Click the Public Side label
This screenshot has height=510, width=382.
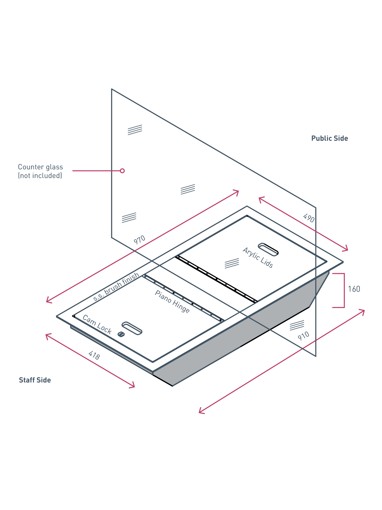[x=330, y=138]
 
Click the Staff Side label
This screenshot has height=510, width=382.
[x=35, y=380]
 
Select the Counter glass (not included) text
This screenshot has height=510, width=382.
[x=40, y=171]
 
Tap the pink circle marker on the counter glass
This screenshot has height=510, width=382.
[x=122, y=171]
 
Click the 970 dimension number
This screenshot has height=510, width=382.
[x=140, y=240]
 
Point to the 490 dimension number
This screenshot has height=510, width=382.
[x=309, y=218]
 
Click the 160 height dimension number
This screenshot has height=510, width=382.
[x=354, y=289]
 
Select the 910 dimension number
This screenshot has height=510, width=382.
[x=304, y=336]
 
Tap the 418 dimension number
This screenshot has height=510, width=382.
[x=94, y=355]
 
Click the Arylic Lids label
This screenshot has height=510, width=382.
[x=258, y=258]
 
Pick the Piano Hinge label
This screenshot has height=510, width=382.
[x=172, y=302]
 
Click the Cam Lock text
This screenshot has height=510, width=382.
[x=97, y=324]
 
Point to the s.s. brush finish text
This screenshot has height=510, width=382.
[x=116, y=287]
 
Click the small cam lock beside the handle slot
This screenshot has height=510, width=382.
[x=121, y=334]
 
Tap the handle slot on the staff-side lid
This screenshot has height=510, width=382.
[x=132, y=328]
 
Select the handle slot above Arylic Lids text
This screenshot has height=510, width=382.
[x=268, y=249]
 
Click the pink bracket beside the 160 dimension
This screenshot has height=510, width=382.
[x=344, y=290]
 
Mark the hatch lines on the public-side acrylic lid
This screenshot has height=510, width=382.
[x=232, y=263]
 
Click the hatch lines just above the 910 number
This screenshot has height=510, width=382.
[x=297, y=325]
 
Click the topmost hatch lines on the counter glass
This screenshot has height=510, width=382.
[x=135, y=130]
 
